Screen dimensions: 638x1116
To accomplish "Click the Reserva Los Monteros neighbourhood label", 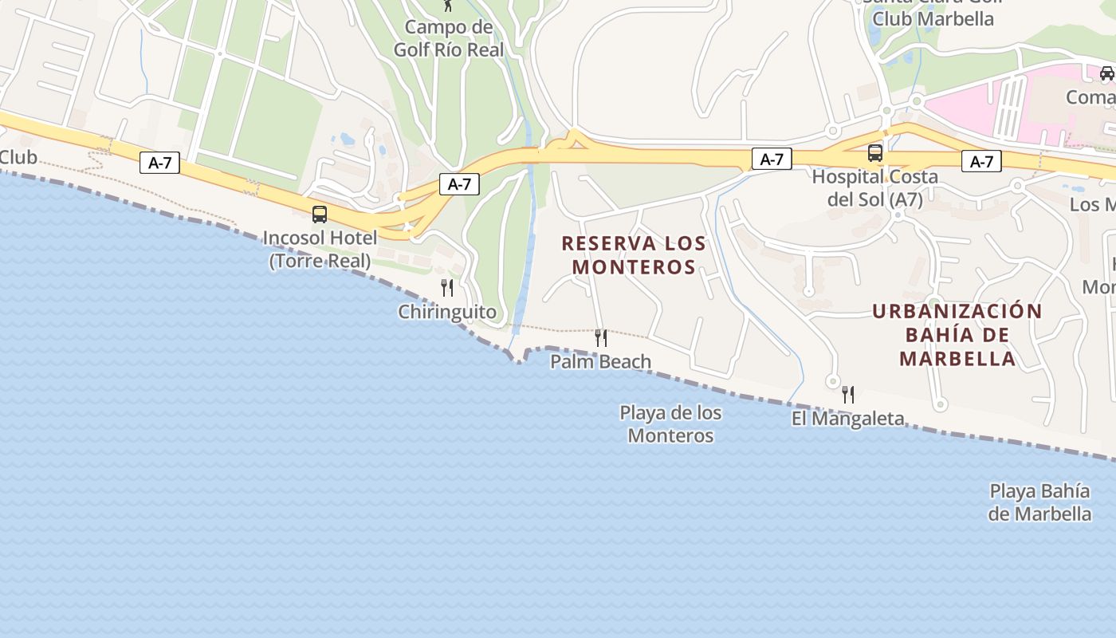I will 634,254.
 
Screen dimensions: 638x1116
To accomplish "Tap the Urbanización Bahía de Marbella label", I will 957,334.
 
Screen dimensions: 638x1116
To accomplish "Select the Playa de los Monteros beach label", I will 670,424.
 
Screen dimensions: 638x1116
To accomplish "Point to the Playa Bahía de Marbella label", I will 1039,502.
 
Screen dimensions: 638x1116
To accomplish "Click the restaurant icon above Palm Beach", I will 601,337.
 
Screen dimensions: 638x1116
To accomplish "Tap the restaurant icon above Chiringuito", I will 447,287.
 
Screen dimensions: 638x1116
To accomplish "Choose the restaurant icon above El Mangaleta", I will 848,394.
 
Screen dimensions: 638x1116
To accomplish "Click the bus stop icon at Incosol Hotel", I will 320,214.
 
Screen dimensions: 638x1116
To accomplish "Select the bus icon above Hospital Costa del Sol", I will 875,152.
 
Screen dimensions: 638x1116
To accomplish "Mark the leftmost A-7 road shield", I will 159,163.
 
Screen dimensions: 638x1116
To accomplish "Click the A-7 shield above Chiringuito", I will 459,184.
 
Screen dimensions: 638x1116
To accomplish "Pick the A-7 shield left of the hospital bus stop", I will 771,159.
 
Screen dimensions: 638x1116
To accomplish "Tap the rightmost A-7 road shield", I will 981,161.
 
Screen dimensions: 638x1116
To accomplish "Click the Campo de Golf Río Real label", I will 449,38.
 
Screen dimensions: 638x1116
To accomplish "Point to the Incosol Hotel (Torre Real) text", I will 320,249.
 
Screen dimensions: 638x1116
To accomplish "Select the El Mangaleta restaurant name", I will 847,418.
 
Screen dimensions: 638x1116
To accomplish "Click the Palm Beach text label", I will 601,361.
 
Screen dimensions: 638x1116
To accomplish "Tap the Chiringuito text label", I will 447,312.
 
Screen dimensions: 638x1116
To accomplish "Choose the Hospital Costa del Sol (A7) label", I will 874,187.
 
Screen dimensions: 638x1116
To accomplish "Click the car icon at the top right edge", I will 1106,73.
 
